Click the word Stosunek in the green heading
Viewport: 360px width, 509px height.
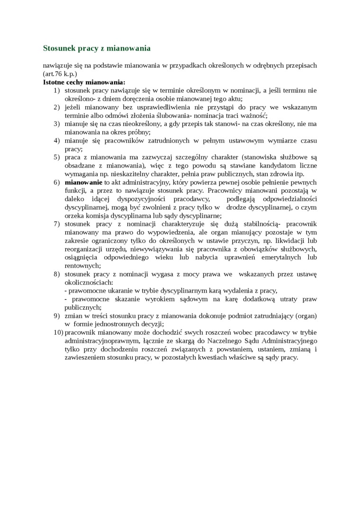click(59, 48)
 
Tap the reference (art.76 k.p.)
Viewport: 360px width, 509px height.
click(60, 74)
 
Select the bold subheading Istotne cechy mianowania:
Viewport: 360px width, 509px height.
click(84, 82)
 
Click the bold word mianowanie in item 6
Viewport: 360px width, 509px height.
click(83, 182)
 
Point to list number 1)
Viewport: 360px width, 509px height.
click(56, 90)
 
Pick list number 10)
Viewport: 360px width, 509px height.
click(58, 332)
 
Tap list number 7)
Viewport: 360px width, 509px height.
click(56, 224)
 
